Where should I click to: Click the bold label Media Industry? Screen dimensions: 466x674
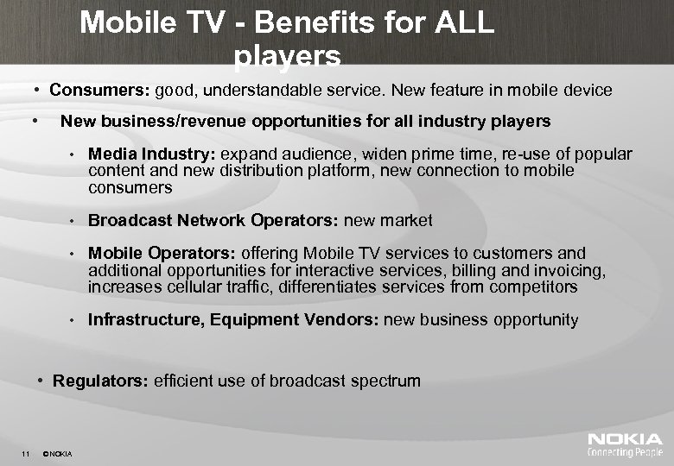click(152, 154)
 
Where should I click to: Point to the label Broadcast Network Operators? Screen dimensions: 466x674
click(214, 220)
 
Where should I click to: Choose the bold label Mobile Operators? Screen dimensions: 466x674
click(162, 254)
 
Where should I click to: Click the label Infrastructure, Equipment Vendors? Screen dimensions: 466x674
click(233, 320)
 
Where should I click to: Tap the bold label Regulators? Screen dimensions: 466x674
click(101, 381)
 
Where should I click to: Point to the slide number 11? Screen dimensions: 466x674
click(27, 454)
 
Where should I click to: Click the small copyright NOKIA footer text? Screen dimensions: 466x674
click(58, 454)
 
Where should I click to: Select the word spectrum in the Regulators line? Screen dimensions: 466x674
click(387, 381)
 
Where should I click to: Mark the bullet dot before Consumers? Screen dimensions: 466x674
click(39, 90)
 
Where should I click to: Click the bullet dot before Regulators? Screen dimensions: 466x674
click(42, 381)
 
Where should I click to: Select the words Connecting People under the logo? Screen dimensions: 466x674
click(625, 451)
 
